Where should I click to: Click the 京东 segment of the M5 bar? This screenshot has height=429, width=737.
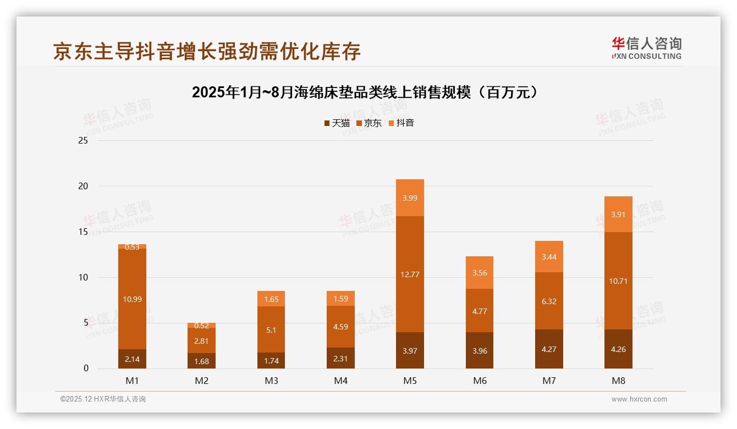click(410, 274)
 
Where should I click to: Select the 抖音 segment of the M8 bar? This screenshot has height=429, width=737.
click(618, 215)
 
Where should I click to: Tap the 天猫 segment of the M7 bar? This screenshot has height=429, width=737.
click(549, 349)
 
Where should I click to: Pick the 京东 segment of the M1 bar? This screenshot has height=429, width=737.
click(132, 299)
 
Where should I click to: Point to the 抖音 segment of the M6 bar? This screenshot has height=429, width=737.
click(480, 272)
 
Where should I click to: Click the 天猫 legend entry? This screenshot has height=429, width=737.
click(337, 123)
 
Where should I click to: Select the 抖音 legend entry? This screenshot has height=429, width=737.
click(402, 123)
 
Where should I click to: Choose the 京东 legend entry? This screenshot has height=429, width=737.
click(369, 123)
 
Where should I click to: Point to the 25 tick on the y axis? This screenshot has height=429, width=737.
click(83, 141)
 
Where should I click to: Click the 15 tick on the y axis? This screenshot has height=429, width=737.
click(83, 232)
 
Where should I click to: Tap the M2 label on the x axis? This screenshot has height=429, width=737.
click(202, 381)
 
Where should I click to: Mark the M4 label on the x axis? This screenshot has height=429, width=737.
click(340, 381)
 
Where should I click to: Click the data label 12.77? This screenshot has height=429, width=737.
click(410, 274)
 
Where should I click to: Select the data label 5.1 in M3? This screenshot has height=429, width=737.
click(271, 330)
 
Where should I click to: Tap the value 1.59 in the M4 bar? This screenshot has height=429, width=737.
click(340, 299)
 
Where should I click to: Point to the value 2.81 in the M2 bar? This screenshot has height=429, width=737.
click(202, 341)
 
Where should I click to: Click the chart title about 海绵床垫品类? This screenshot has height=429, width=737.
click(364, 92)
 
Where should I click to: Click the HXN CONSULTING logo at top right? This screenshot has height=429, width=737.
click(646, 48)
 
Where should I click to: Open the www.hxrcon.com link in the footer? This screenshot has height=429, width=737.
click(639, 399)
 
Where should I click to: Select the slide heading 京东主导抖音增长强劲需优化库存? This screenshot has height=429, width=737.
click(207, 51)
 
